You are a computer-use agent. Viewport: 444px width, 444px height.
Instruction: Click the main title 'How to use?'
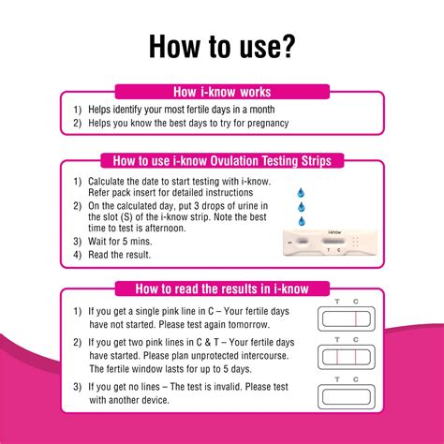(222, 46)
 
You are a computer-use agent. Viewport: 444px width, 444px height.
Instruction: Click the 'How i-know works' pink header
(222, 92)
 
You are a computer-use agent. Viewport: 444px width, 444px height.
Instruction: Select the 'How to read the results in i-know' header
(222, 289)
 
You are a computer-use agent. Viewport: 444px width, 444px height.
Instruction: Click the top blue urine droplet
(300, 185)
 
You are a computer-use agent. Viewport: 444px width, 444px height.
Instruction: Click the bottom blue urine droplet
(301, 221)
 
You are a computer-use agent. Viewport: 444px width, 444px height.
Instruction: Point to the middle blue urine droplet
(300, 203)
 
